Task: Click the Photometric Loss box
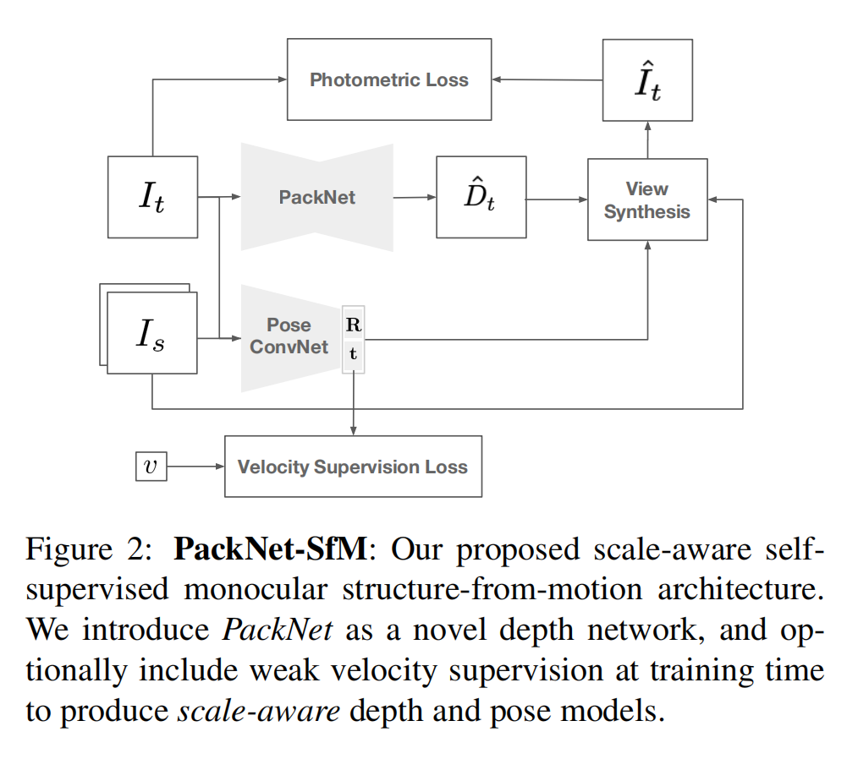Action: point(389,79)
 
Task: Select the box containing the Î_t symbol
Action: point(647,79)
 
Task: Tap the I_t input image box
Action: point(152,196)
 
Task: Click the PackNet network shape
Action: point(317,197)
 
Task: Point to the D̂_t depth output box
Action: point(481,197)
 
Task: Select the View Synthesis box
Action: point(647,199)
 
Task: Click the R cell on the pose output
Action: point(353,324)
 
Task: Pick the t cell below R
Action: point(353,355)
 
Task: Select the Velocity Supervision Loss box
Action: point(353,467)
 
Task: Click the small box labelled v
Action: point(151,466)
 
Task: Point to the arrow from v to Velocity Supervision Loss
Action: point(195,466)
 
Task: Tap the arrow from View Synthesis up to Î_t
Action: point(647,139)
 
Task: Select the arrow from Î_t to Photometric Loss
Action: point(547,79)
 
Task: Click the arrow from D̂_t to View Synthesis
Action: point(556,199)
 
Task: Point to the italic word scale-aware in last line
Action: point(258,709)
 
